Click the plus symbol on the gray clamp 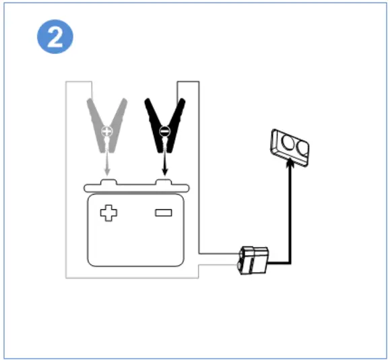pos(106,133)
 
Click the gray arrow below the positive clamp pos(106,161)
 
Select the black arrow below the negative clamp pos(163,161)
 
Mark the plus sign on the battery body pos(108,214)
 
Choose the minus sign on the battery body pos(164,213)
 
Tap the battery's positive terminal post pos(106,182)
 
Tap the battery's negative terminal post pos(163,182)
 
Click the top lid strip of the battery pos(135,188)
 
